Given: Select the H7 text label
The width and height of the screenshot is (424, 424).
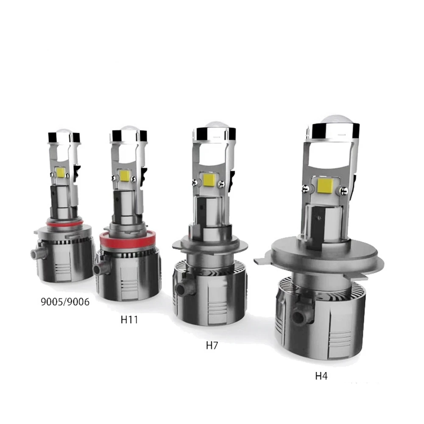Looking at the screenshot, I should point(212,345).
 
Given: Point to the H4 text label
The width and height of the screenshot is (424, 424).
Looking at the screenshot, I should point(321,376).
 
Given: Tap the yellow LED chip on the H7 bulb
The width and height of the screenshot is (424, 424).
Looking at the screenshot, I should point(209,180).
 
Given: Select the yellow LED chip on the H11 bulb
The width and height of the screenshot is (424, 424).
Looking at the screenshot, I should point(124,175).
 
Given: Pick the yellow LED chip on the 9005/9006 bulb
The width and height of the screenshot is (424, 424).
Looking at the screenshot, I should point(60,172).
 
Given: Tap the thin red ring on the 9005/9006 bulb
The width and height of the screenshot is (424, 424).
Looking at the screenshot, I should point(64,224).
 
